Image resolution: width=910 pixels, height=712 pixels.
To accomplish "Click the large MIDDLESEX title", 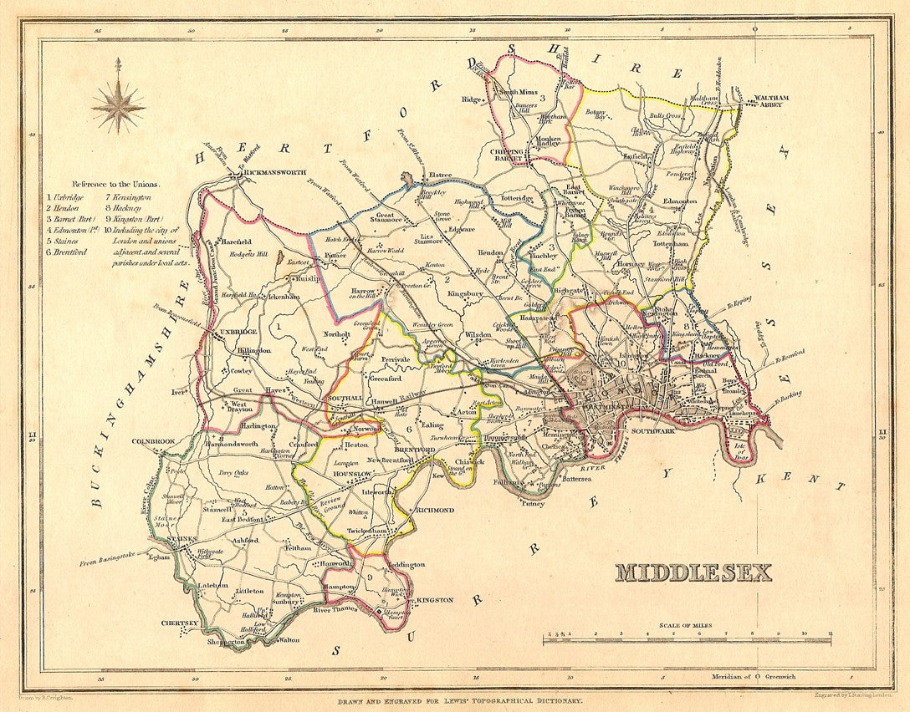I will (x=693, y=572).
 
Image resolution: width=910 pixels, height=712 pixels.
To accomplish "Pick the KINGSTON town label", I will (x=434, y=600).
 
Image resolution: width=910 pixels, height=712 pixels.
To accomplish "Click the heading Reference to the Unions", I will (x=115, y=183).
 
